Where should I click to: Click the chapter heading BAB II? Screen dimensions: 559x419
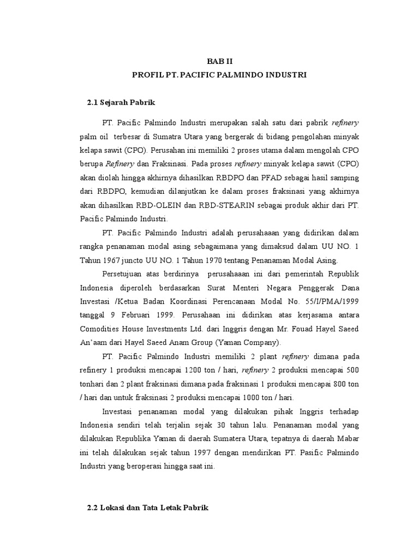point(219,62)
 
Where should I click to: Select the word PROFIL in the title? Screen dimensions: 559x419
point(147,75)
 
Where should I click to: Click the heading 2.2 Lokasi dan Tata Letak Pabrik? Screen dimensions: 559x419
point(148,508)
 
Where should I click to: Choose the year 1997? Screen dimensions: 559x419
point(188,453)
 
